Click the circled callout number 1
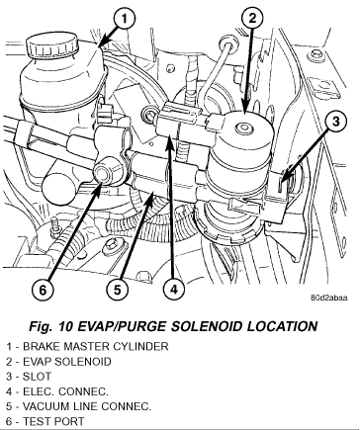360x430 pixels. pos(125,19)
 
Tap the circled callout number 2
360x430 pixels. pos(252,19)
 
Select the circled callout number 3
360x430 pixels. pos(335,122)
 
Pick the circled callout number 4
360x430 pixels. pos(174,290)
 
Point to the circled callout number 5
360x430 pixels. pos(118,290)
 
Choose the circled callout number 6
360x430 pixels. pos(43,290)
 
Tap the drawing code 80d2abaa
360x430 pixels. pos(329,298)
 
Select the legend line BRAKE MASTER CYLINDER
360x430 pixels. pos(87,347)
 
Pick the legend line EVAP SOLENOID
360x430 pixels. pos(58,362)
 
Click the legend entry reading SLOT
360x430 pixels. pos(29,377)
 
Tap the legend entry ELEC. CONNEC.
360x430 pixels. pos(57,391)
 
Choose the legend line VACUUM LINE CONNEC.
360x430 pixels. pos(78,406)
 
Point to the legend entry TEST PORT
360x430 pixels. pos(45,421)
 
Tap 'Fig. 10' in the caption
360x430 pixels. pos(51,326)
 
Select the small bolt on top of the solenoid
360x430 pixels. pos(243,128)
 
